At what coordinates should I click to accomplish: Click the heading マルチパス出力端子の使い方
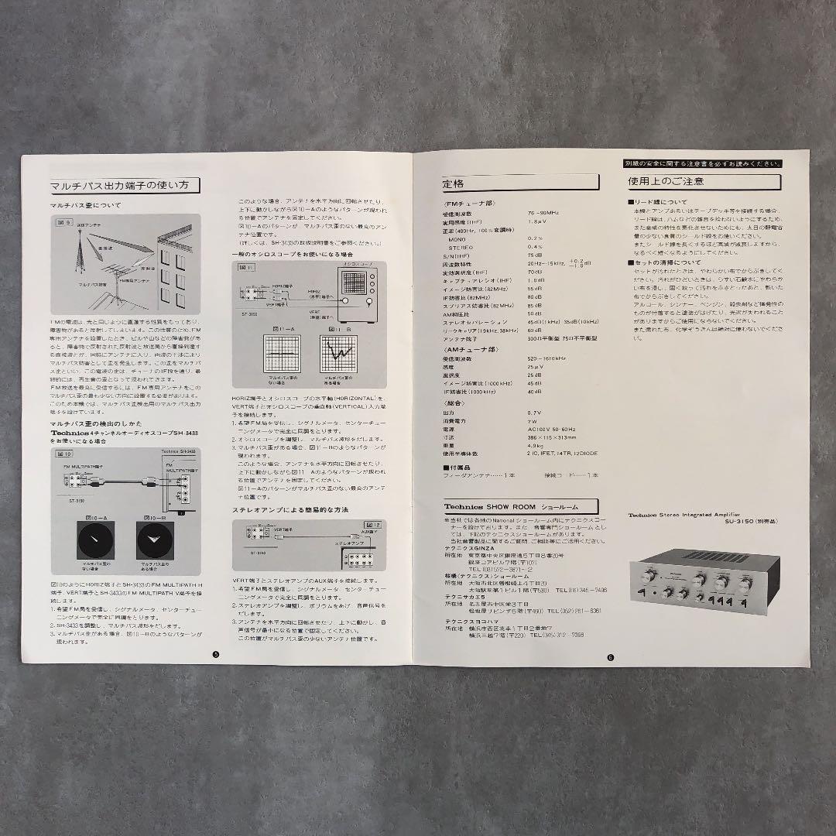124,186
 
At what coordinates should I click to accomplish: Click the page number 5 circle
215,655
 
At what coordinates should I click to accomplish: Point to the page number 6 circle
610,658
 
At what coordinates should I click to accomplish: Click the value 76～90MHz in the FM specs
543,213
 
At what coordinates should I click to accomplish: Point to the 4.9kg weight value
536,445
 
